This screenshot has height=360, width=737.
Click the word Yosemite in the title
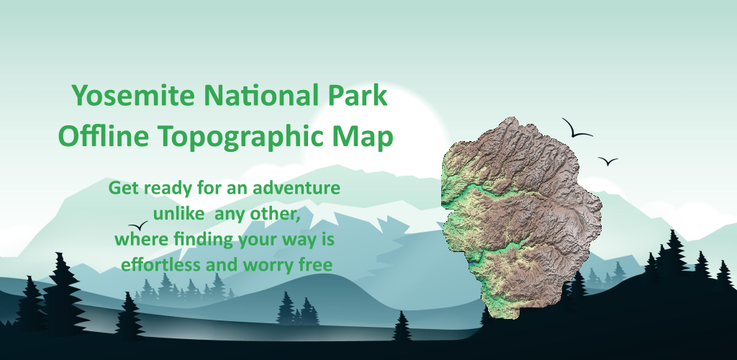(133, 96)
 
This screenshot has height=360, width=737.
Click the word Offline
(104, 136)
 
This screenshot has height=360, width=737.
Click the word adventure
(297, 189)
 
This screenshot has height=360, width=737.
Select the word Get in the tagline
(124, 189)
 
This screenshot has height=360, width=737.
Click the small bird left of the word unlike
(137, 225)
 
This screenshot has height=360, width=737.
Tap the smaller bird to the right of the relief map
(607, 161)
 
